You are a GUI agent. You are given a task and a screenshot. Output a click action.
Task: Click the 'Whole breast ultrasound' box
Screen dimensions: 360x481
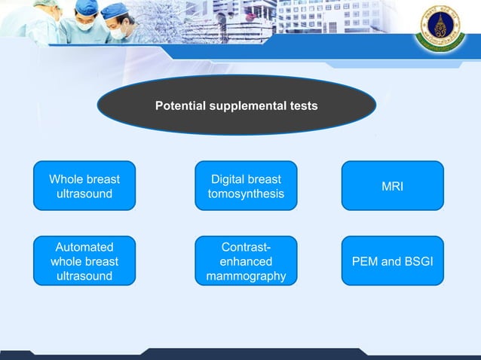[x=84, y=186]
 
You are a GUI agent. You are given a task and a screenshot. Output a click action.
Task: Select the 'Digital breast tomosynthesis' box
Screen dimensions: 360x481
[x=246, y=186]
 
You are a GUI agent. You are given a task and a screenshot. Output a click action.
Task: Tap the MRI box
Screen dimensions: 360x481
[x=392, y=186]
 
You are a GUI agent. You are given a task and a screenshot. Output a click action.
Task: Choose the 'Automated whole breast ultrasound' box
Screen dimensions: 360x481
[x=84, y=261]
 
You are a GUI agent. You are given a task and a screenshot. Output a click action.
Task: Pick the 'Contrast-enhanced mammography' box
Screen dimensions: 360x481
[x=246, y=261]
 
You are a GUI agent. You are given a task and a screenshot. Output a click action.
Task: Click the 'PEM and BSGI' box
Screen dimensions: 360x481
[x=392, y=261]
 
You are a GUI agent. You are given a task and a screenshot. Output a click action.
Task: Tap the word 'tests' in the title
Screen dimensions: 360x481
[x=303, y=106]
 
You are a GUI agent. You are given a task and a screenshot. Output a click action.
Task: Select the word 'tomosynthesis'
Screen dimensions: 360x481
[x=246, y=194]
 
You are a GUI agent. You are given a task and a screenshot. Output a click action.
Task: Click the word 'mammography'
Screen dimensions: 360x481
[x=246, y=276]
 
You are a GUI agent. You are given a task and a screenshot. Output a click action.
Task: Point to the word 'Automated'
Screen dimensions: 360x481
[x=84, y=247]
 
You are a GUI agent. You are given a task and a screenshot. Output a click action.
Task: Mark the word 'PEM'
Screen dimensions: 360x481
[x=364, y=261]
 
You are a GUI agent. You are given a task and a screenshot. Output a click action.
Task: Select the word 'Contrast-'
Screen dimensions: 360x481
[x=246, y=247]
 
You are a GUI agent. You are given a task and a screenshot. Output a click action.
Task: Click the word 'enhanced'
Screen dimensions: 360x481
[x=246, y=261]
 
